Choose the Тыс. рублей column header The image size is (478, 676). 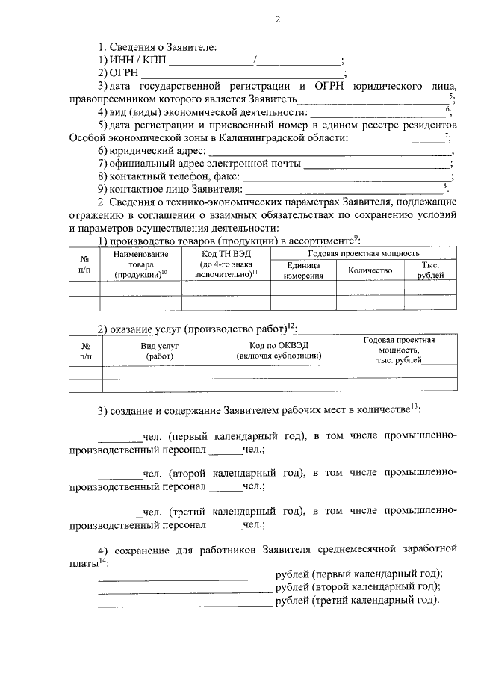tap(430, 270)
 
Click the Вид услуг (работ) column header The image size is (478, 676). tap(159, 351)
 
